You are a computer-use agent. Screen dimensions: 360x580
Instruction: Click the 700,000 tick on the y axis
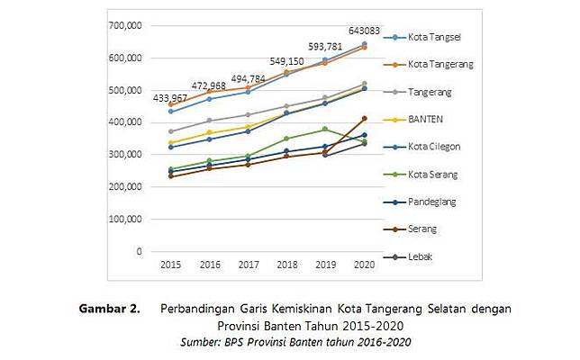point(124,25)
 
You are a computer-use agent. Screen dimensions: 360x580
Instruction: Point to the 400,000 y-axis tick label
point(124,122)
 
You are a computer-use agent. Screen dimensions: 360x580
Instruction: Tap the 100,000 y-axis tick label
point(124,219)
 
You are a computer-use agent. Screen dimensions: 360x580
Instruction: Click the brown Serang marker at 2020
point(364,119)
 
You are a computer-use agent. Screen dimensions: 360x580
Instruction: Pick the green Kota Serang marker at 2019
point(325,130)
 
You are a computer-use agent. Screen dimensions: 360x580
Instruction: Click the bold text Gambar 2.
point(109,309)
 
